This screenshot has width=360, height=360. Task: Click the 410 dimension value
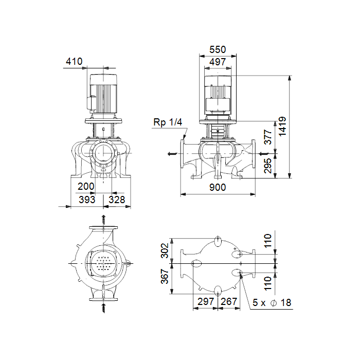point(74,61)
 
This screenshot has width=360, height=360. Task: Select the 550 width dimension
point(218,49)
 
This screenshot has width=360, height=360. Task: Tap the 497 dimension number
point(218,62)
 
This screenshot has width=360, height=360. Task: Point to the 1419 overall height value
point(282,127)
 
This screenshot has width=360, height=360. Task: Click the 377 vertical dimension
point(268,137)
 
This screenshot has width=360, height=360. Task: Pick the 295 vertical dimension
point(268,166)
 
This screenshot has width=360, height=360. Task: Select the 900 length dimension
point(218,187)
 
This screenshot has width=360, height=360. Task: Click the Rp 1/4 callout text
point(168,122)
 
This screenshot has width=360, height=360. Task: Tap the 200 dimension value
point(86,186)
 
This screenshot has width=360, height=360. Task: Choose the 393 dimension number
point(87,200)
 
